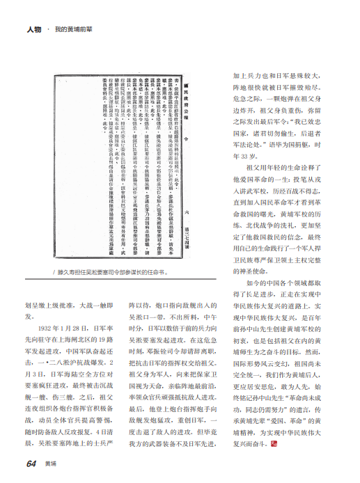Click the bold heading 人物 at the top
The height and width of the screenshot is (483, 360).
pos(35,31)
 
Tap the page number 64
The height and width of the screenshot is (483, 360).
pos(31,464)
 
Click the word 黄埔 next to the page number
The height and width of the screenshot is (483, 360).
pos(50,464)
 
